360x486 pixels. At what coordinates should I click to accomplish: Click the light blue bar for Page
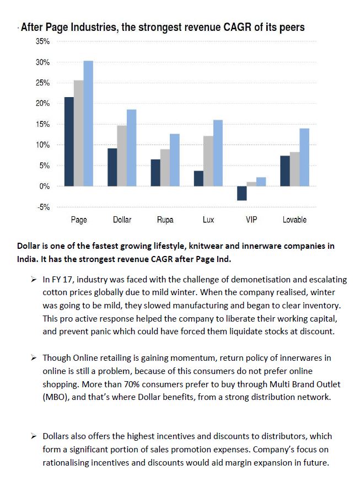pyautogui.click(x=88, y=124)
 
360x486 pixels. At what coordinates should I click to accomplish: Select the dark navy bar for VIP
pyautogui.click(x=241, y=193)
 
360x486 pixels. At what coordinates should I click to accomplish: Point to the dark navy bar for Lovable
pyautogui.click(x=285, y=171)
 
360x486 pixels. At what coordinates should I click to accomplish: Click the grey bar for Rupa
pyautogui.click(x=165, y=168)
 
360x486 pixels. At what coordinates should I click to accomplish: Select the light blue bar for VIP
pyautogui.click(x=261, y=182)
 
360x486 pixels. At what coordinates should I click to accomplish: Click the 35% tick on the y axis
pyautogui.click(x=43, y=41)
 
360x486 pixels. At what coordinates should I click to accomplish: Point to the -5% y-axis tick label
pyautogui.click(x=43, y=207)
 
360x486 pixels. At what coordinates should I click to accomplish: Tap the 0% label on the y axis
pyautogui.click(x=45, y=186)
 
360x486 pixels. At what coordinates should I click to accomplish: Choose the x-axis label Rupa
pyautogui.click(x=165, y=220)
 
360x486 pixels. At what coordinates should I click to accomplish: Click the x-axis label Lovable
pyautogui.click(x=294, y=220)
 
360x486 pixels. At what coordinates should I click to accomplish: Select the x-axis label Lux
pyautogui.click(x=208, y=220)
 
